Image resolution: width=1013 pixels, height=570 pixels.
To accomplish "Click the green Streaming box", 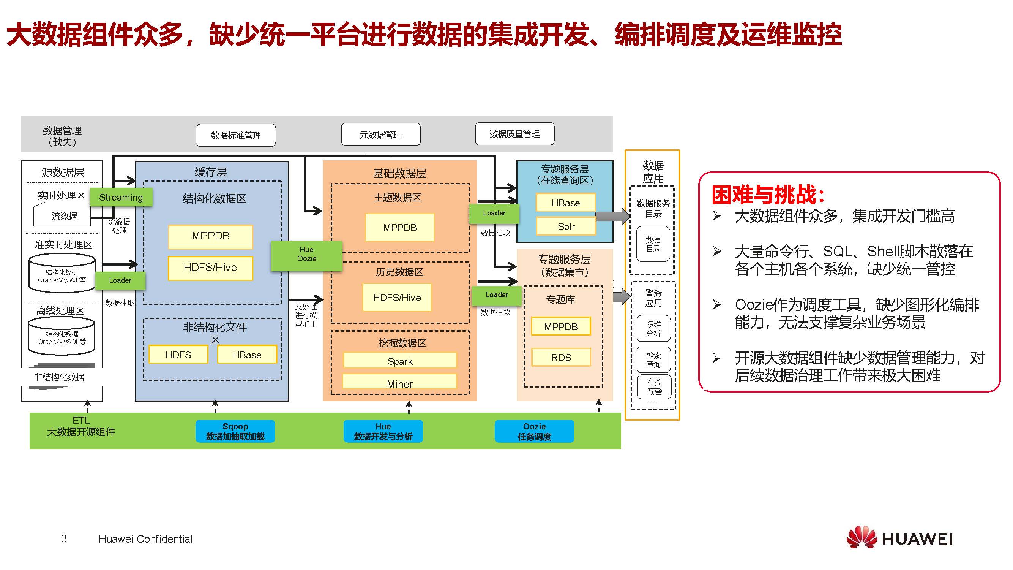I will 121,197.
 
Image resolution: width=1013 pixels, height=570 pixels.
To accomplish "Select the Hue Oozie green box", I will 306,254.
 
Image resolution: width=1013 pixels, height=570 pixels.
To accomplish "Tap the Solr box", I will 566,226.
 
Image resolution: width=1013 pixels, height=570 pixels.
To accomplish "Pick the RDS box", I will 561,358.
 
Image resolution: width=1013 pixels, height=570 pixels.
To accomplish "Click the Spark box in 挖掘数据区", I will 400,361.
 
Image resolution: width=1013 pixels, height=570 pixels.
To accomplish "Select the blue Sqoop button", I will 235,431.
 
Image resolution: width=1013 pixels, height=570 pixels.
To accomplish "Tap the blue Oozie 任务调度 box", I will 534,431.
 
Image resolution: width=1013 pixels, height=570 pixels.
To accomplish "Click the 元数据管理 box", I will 381,135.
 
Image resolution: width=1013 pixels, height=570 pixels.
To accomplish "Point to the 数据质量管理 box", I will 514,134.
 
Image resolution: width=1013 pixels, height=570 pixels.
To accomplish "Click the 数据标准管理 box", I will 236,135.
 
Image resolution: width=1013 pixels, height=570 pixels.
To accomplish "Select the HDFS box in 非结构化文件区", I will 178,355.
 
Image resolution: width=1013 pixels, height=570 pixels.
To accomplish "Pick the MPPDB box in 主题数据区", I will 399,228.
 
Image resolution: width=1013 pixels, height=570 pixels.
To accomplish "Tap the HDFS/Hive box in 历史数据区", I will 397,298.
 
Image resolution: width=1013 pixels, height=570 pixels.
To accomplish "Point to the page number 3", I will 64,538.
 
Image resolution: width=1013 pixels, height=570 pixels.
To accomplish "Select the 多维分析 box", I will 653,329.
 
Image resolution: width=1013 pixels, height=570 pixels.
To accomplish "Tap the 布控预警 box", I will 654,386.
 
